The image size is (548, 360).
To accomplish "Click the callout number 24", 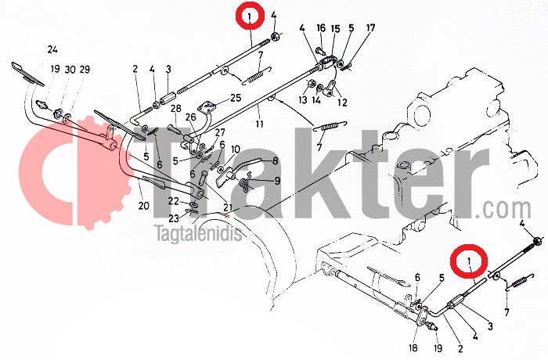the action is coord(52,50).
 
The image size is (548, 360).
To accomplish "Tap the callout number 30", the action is coord(70,70).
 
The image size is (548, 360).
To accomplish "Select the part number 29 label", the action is coord(85,70).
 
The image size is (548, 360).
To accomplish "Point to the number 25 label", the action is coord(236,98).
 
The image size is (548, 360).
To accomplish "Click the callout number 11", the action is coord(259,124).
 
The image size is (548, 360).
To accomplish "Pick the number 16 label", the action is coord(321,28).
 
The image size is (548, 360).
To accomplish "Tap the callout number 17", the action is coord(371,27).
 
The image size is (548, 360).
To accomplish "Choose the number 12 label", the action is coord(343,103).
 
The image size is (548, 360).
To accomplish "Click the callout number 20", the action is coord(143,206).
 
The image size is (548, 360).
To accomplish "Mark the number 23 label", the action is coord(174,219).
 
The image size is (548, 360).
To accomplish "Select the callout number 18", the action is coord(413,347).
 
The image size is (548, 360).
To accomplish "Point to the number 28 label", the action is coord(176,109).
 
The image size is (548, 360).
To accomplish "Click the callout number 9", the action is coord(277,181).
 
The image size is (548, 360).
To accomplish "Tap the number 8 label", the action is coord(276,161).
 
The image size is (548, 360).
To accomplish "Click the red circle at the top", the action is coord(250,16).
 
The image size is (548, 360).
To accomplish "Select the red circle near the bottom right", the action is coord(469,261).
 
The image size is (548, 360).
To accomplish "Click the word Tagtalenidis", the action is coord(199,233).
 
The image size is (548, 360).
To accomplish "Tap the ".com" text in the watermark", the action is coord(508,210).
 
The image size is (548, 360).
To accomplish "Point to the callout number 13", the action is coord(303,99).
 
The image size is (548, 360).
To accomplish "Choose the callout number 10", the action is coord(235,150).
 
